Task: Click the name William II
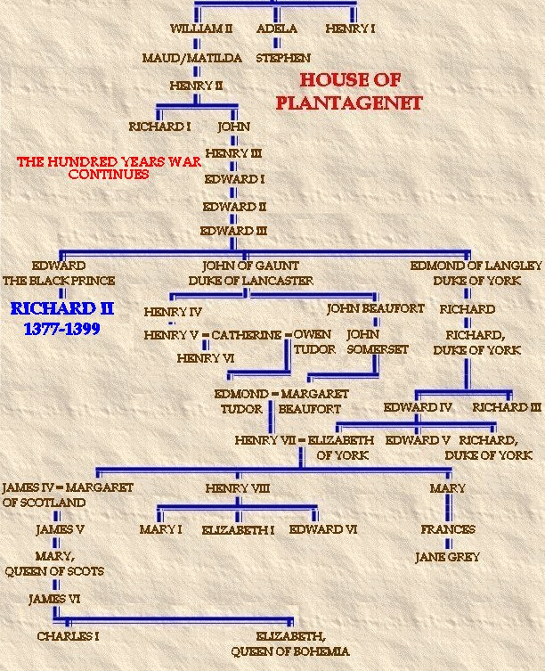pos(201,29)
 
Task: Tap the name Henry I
pos(350,29)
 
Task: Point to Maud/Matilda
pos(192,58)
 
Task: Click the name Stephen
pos(283,58)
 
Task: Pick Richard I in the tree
pos(159,127)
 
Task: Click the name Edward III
pos(233,231)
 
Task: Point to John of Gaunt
pos(250,266)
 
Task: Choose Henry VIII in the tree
pos(237,488)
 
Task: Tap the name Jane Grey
pos(447,557)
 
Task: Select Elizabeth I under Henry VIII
pos(237,529)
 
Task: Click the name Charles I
pos(68,637)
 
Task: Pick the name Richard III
pos(507,407)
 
